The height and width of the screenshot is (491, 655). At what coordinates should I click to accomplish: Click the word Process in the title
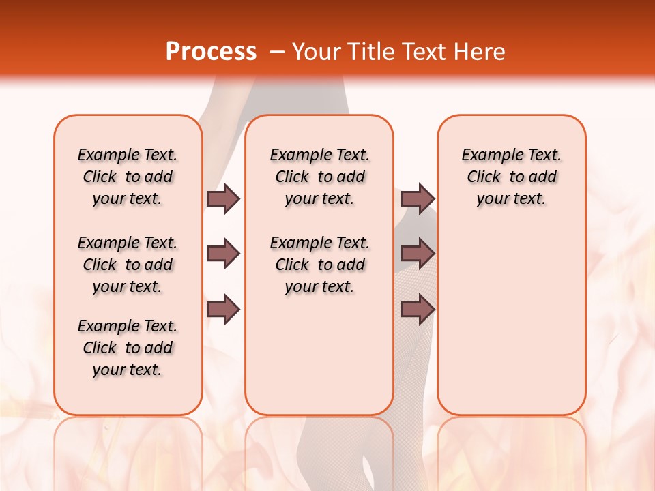pos(211,52)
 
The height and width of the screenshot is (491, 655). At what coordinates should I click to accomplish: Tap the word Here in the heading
pos(480,52)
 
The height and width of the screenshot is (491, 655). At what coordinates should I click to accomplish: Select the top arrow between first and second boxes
pos(223,198)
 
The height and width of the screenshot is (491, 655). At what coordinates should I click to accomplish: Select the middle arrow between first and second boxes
pos(223,254)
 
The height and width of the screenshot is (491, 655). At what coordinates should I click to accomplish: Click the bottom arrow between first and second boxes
pos(223,309)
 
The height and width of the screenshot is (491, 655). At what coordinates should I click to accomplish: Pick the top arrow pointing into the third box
pos(418,198)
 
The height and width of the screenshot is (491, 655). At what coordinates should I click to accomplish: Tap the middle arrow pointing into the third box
pos(418,254)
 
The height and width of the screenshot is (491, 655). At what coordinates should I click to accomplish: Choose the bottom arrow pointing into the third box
pos(418,309)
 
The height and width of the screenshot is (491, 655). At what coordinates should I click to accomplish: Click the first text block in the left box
pos(128,177)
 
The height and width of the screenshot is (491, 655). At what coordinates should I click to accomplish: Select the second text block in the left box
pos(128,265)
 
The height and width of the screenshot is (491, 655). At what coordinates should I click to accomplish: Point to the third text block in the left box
pos(128,348)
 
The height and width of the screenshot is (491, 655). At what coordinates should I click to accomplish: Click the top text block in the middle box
pos(319,177)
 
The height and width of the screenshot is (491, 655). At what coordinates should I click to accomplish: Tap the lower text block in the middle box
pos(319,265)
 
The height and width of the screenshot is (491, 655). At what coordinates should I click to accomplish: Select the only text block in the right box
pos(512,177)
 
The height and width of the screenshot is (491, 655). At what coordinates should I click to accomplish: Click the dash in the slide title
pos(277,52)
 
